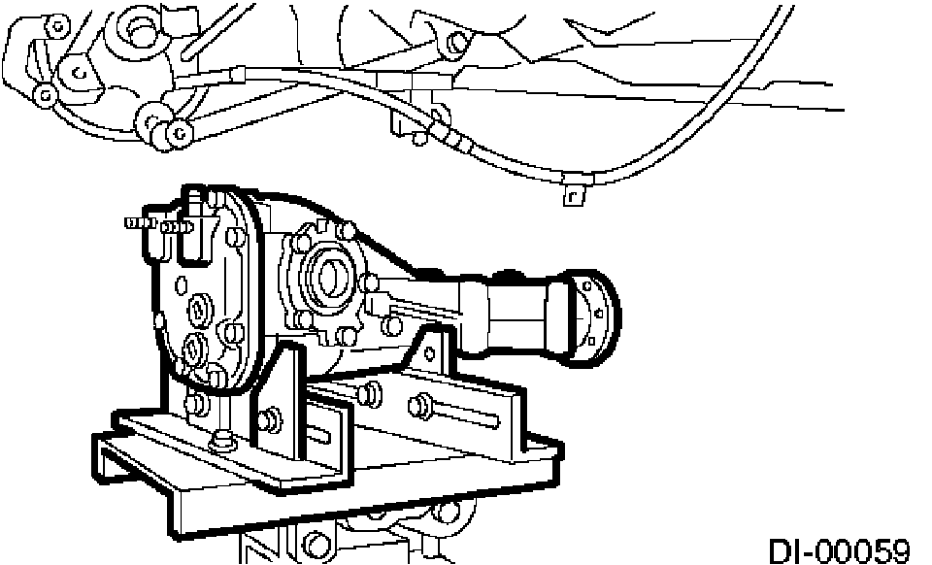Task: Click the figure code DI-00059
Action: click(x=839, y=550)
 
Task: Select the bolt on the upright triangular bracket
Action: click(x=269, y=421)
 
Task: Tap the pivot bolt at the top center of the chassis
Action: click(x=452, y=43)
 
